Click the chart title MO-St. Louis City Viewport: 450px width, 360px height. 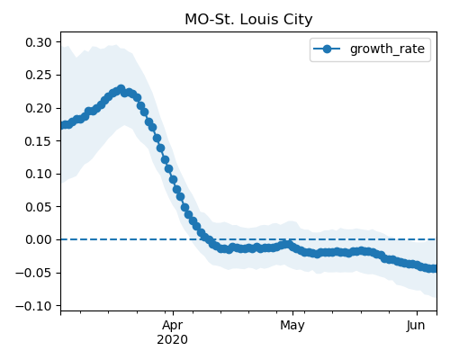point(248,20)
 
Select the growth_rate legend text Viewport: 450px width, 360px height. point(387,49)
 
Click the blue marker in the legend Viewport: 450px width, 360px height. point(327,49)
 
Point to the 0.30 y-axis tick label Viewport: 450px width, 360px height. point(39,42)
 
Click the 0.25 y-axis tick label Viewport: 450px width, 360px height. point(39,75)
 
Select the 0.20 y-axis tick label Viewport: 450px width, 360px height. point(39,108)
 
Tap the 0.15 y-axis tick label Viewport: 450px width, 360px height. point(39,141)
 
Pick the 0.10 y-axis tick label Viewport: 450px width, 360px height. point(39,174)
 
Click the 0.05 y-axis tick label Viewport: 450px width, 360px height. point(39,207)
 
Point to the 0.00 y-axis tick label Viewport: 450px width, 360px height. point(39,239)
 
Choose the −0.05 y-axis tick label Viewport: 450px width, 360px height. point(33,273)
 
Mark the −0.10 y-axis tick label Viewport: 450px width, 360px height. point(33,306)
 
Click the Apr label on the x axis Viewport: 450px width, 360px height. point(173,326)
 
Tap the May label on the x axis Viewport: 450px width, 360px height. point(292,326)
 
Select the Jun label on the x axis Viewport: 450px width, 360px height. point(416,325)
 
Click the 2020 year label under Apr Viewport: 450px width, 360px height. point(173,339)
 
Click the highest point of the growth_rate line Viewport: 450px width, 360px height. point(121,89)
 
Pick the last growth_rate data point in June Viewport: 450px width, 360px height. point(434,268)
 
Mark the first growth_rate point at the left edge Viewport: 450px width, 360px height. point(63,125)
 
